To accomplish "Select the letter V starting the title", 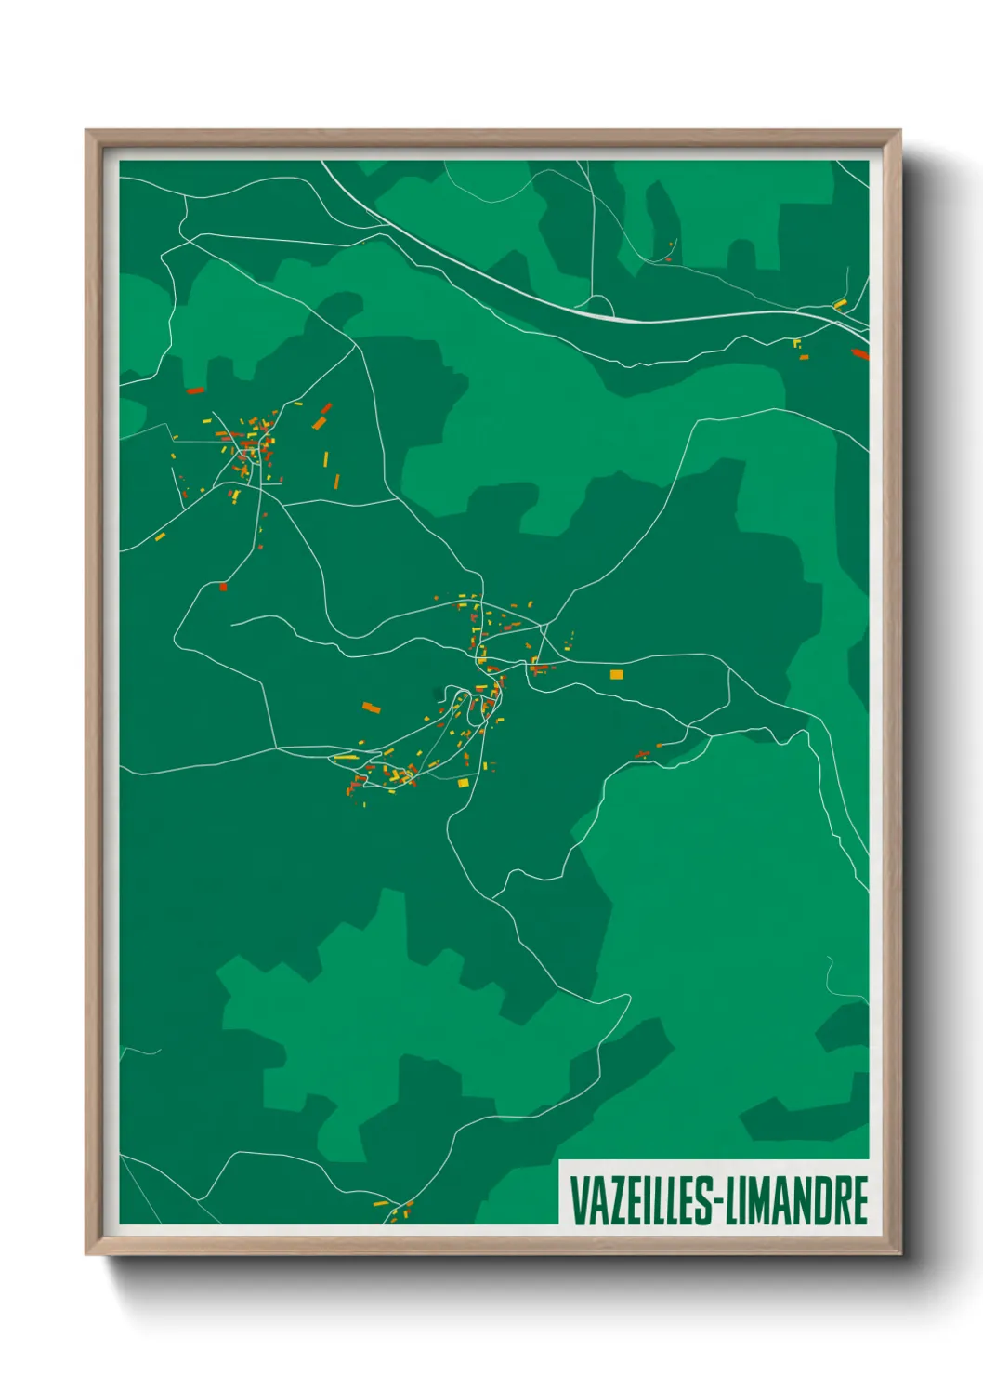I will point(576,1200).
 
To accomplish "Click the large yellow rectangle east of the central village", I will point(616,674).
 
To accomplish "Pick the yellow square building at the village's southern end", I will point(463,783).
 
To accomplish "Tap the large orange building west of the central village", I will point(372,708).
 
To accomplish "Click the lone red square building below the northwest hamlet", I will point(223,587).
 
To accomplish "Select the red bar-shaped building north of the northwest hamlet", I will point(195,390).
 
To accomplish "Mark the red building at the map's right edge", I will point(859,353).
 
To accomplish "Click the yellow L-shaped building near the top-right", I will point(797,343).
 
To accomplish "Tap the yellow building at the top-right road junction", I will point(839,304).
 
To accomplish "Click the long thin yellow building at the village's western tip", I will point(346,758).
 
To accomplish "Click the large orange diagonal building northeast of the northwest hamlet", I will point(320,422).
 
